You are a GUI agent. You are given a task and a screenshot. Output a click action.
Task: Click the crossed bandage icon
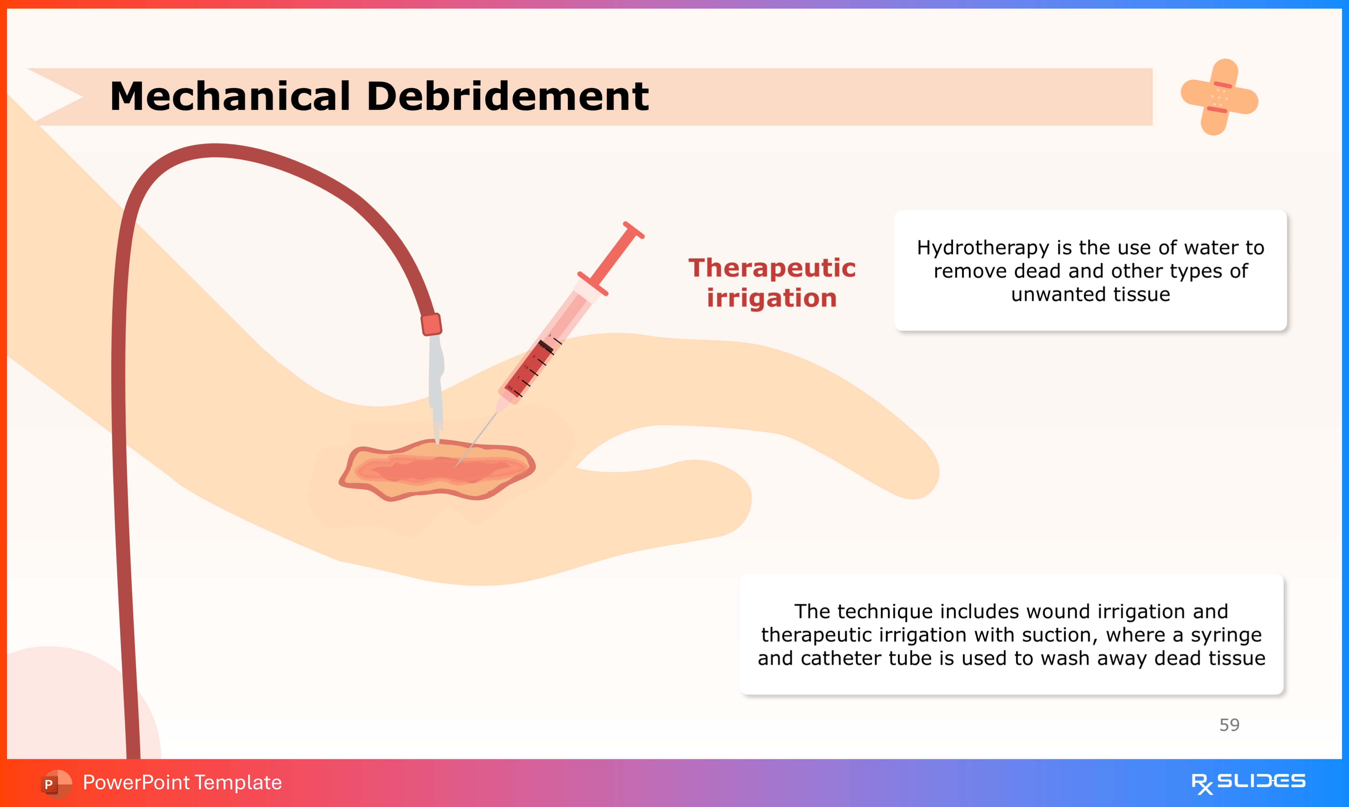click(x=1219, y=97)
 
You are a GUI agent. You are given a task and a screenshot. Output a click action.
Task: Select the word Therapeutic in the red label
click(x=772, y=268)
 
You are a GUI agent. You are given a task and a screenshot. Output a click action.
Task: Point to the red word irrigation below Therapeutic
click(x=772, y=298)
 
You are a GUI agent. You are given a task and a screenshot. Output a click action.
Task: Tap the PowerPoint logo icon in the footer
click(x=55, y=783)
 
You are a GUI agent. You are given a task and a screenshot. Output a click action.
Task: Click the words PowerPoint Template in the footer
click(x=182, y=782)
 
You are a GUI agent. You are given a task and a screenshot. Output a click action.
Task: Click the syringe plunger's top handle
click(x=634, y=230)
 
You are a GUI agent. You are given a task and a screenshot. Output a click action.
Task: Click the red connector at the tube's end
click(x=431, y=325)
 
